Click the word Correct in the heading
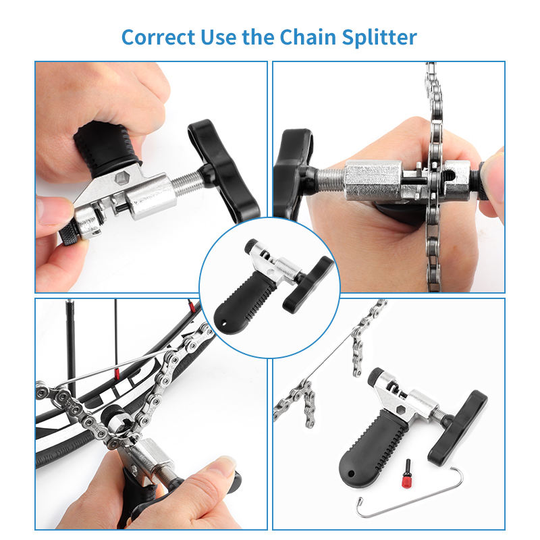pos(159,37)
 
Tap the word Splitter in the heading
pos(379,37)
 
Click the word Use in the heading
pos(218,37)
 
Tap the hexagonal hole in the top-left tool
pos(121,178)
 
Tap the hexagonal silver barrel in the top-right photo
pos(373,181)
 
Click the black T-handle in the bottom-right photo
pos(458,427)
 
